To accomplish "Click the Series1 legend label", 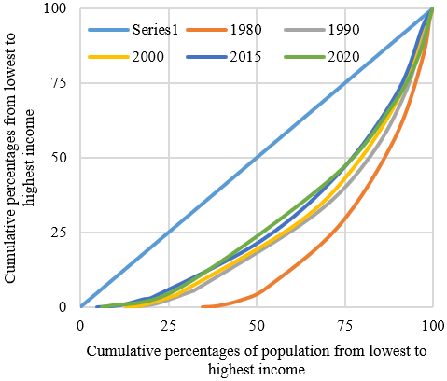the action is (x=155, y=30).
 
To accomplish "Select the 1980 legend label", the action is (x=245, y=30).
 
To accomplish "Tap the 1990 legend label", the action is (x=343, y=30).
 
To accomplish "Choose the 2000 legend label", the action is (x=147, y=57).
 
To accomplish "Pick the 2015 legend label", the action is (x=245, y=57).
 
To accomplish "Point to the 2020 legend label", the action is (x=343, y=57).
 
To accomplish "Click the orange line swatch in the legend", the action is (x=206, y=30).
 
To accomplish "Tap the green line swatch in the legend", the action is (x=304, y=57).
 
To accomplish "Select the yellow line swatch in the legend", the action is (x=108, y=57).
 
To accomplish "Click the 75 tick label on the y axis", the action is (x=59, y=83).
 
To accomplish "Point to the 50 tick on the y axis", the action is (x=59, y=158).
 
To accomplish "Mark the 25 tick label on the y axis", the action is (x=59, y=233).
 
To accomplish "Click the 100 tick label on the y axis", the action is (x=55, y=8).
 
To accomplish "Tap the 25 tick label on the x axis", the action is (x=169, y=326).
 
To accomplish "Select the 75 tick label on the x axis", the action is (x=345, y=326).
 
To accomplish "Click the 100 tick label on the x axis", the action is (x=433, y=326).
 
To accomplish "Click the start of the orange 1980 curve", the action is (x=203, y=307).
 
